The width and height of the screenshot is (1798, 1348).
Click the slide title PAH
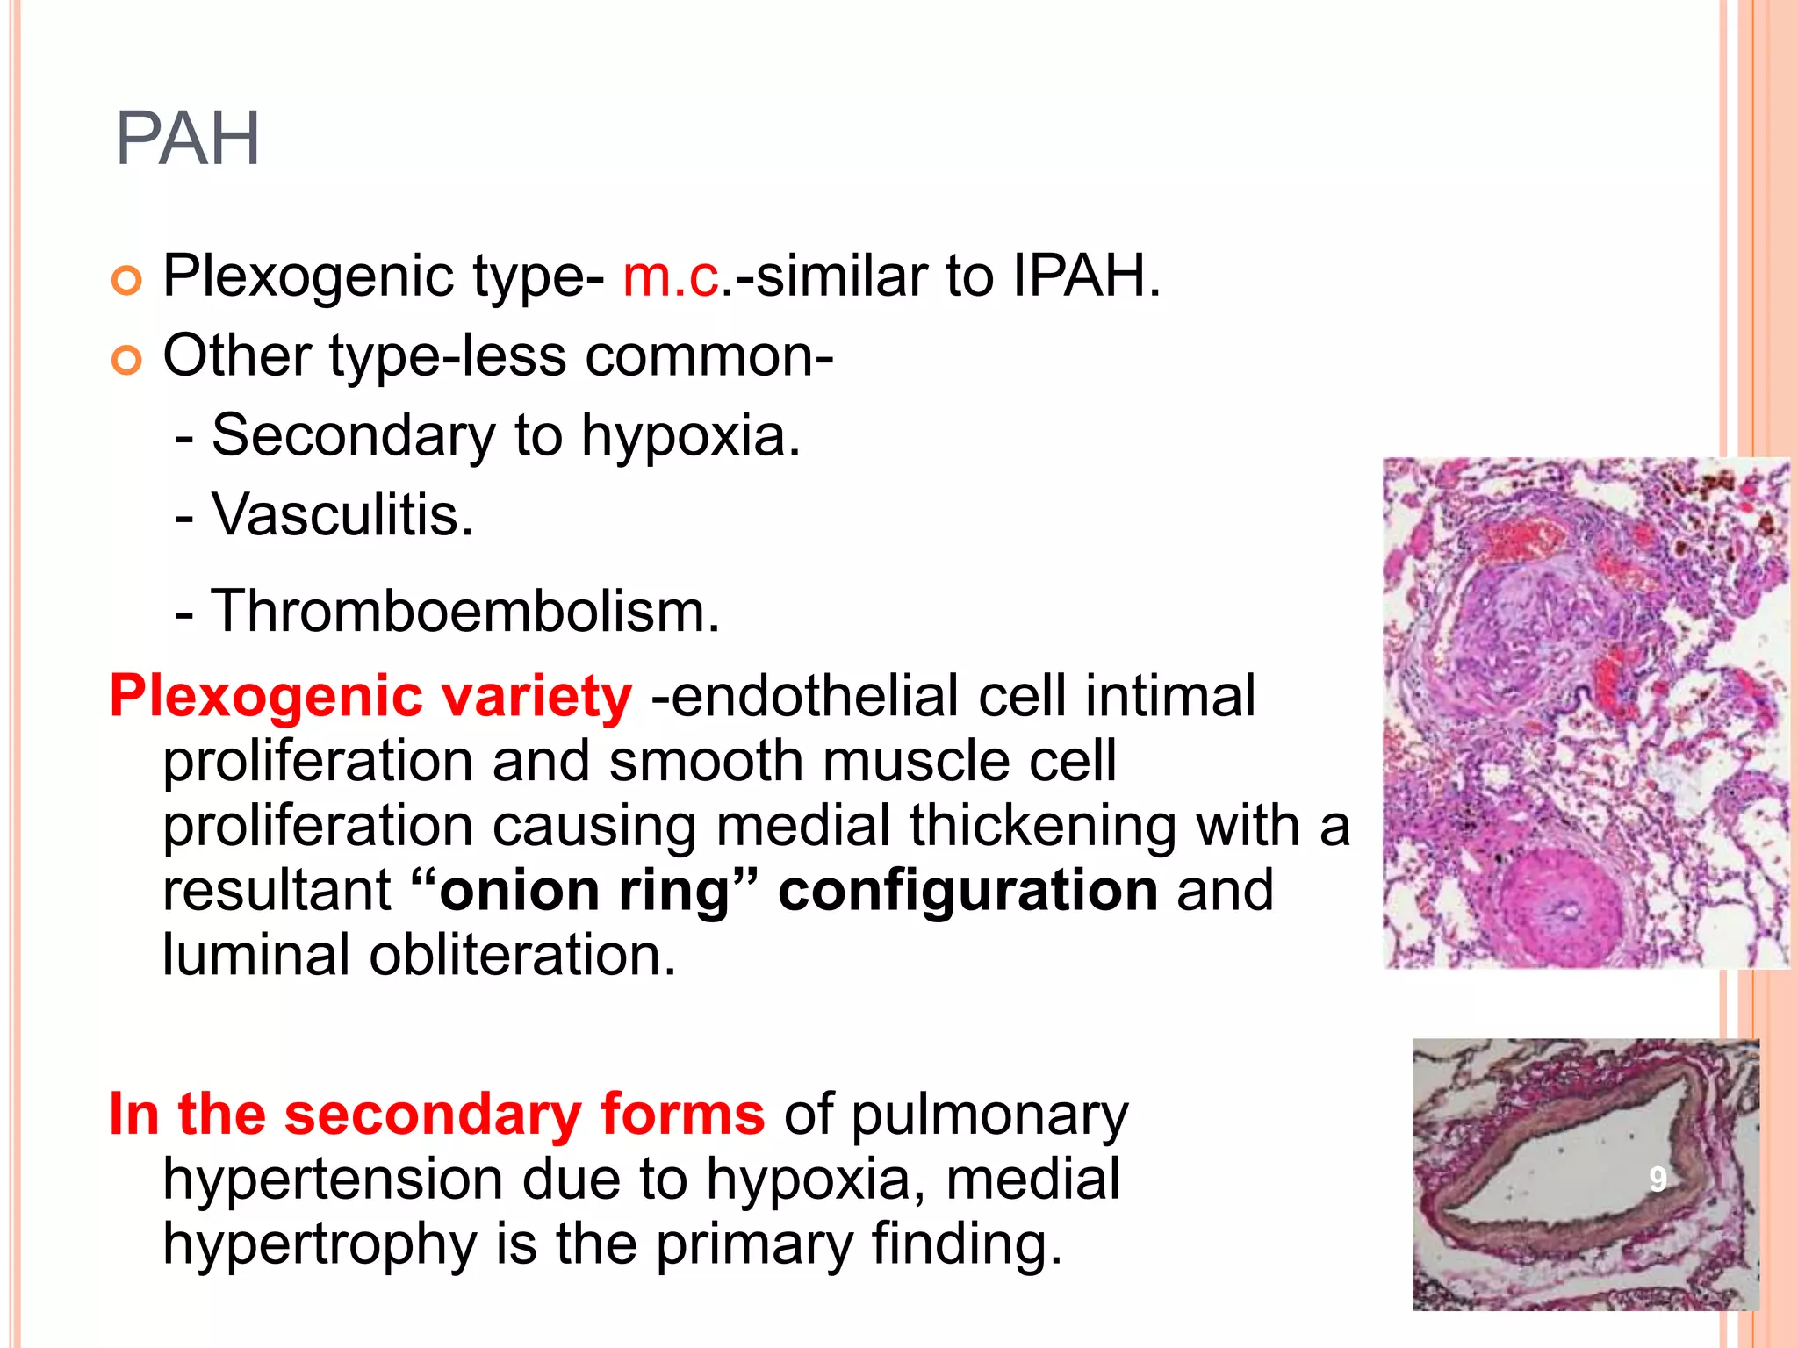coord(187,139)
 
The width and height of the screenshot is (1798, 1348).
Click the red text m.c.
coord(671,276)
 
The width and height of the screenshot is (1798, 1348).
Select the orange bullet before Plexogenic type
coord(127,281)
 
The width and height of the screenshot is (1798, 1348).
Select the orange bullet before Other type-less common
coord(127,360)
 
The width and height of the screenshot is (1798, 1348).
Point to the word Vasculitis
coord(342,514)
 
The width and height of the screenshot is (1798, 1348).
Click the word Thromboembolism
coord(465,611)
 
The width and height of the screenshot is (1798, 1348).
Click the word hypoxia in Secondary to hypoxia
coord(691,435)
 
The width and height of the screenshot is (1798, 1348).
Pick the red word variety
coord(536,697)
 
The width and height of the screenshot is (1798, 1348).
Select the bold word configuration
coord(967,891)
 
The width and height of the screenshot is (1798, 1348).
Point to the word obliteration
coord(522,955)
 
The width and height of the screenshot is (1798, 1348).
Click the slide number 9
coord(1657,1179)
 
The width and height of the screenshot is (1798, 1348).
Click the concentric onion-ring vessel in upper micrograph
coord(1562,908)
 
